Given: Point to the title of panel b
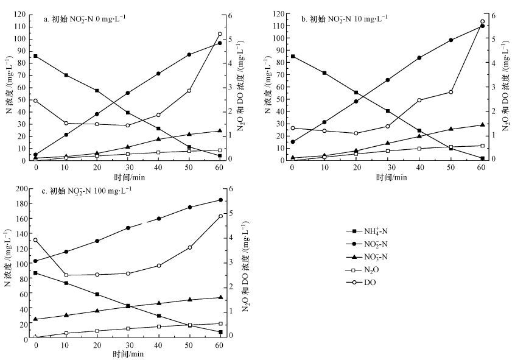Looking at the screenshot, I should [345, 18].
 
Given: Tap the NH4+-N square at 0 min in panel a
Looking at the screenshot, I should [35, 56].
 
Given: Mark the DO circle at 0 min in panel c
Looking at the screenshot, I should [35, 240].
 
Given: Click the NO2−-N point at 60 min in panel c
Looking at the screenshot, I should [220, 200].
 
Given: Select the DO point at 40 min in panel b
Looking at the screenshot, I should [420, 100].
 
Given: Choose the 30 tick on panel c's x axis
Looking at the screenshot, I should [127, 345].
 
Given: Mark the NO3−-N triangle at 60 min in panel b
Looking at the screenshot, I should [482, 125].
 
